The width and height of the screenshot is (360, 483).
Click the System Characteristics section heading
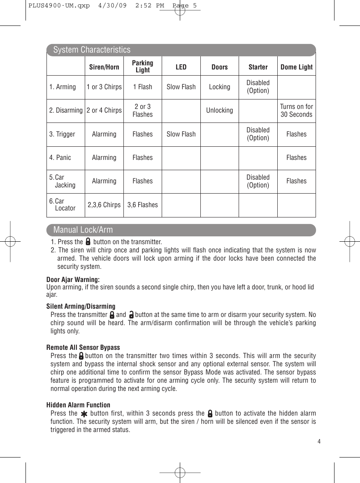tap(92, 50)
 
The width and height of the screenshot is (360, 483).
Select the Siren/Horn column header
tap(104, 67)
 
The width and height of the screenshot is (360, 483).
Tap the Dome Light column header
tap(296, 67)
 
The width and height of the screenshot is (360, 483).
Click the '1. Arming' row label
tap(63, 87)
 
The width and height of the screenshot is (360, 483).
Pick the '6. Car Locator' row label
tap(63, 205)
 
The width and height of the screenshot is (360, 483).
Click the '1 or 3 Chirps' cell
tap(104, 87)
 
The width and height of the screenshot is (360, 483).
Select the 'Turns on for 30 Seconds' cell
tap(296, 111)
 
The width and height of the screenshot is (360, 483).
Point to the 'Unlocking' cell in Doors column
tap(219, 111)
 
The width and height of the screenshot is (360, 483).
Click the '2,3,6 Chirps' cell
tap(104, 205)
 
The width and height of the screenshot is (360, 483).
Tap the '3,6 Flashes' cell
tap(142, 205)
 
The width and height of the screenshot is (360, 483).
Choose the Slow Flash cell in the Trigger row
tap(181, 134)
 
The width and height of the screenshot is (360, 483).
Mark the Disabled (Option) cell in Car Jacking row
tap(258, 181)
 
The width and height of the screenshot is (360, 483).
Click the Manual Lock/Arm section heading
tap(83, 230)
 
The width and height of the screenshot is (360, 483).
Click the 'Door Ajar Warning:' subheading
tap(73, 280)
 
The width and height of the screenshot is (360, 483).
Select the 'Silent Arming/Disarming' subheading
tap(81, 306)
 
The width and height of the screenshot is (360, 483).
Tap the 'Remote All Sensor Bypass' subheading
tap(83, 347)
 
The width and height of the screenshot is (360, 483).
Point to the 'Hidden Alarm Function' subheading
tap(78, 405)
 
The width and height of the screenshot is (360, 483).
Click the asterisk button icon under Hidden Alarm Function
tap(84, 414)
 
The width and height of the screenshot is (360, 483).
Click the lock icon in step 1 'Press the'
tap(88, 242)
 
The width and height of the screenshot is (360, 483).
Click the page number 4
tap(318, 441)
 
